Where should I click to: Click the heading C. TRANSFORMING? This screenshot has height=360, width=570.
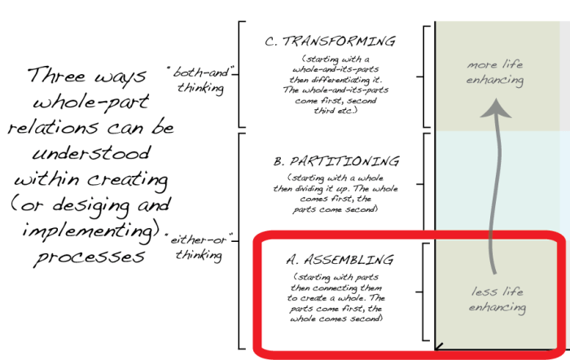coord(331,42)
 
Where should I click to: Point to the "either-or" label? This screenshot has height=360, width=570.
coord(200,242)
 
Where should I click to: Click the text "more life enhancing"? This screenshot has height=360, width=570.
coord(494,72)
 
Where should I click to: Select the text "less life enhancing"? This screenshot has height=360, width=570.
coord(497,300)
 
